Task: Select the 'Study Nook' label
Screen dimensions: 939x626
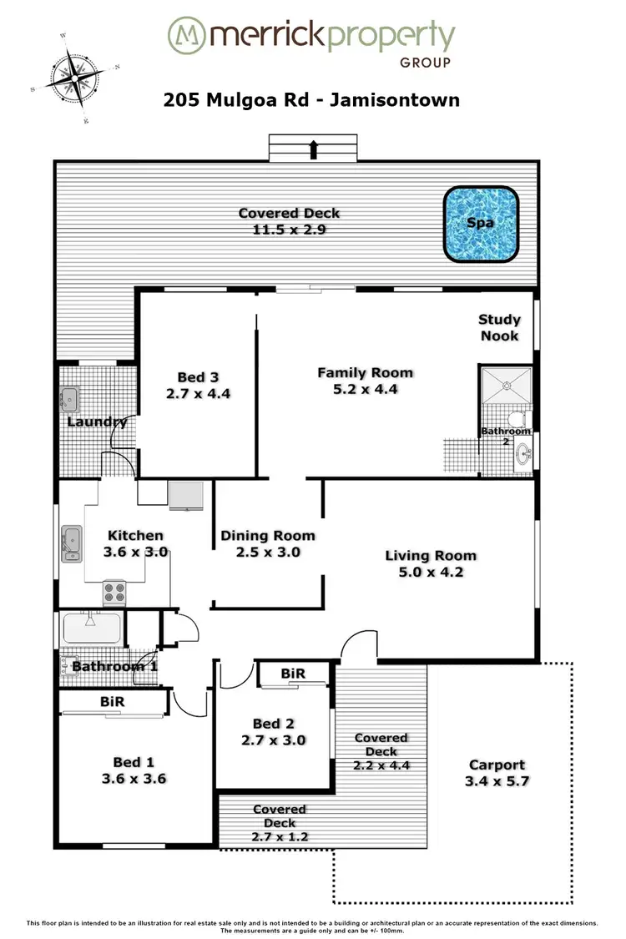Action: click(499, 328)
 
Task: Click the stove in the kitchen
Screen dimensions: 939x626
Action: click(114, 592)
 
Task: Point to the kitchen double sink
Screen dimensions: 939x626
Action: click(71, 543)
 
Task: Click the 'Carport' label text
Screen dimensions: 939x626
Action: click(497, 765)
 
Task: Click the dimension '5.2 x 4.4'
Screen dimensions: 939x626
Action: click(365, 389)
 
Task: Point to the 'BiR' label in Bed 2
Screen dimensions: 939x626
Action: click(292, 674)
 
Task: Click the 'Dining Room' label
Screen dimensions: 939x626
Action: click(268, 536)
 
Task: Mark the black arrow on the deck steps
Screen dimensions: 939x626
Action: click(314, 149)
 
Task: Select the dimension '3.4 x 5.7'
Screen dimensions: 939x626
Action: click(497, 781)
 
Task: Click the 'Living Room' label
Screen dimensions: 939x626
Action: click(431, 555)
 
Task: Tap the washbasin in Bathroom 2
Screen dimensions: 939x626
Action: click(523, 455)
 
